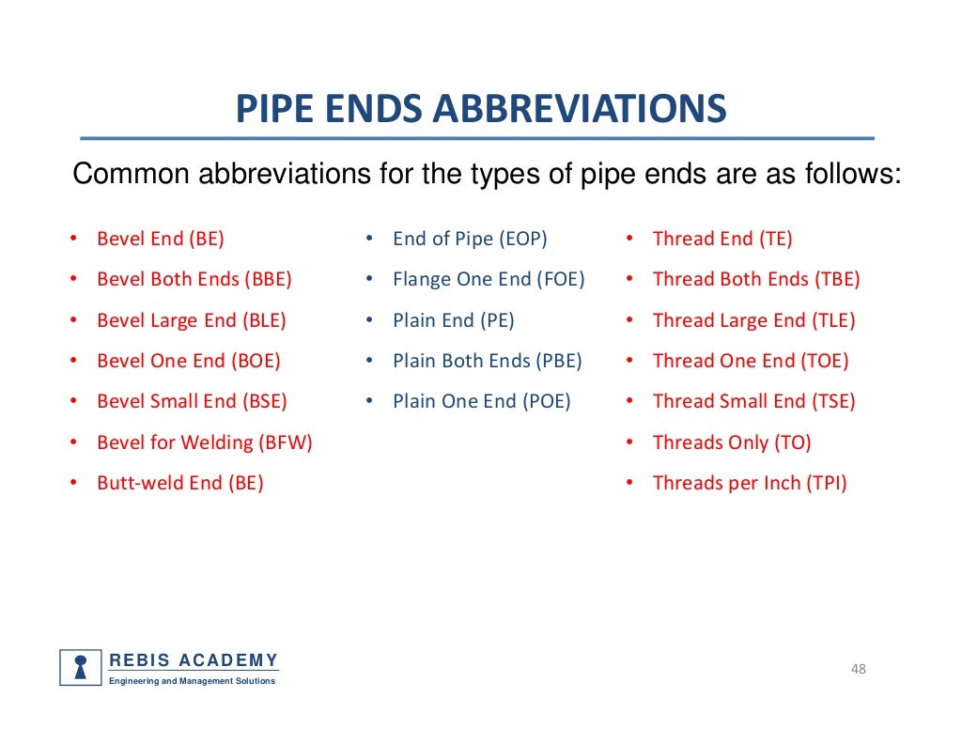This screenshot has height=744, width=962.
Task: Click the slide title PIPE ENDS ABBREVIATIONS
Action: (480, 109)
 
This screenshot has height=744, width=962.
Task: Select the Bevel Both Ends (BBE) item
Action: (194, 279)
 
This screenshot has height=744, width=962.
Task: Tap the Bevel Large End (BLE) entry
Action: (192, 320)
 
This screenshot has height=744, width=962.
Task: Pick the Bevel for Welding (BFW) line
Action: (205, 442)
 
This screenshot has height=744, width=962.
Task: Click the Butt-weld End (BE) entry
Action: (180, 483)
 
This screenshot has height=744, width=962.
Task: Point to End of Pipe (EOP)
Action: (470, 239)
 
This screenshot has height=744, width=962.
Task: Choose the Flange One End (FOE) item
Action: (489, 279)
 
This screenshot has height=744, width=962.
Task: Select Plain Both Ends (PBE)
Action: (488, 361)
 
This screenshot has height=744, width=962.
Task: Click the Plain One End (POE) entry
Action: (482, 401)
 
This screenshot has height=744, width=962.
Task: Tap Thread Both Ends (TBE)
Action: (756, 279)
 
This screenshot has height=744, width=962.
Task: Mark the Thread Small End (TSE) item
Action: (754, 401)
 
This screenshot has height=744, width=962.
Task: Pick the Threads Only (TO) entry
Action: (732, 442)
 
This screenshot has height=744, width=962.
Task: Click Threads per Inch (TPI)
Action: (750, 483)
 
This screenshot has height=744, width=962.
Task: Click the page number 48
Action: (858, 669)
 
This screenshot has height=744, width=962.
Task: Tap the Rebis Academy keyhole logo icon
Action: (81, 667)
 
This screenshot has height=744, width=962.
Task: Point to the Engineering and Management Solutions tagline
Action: (193, 681)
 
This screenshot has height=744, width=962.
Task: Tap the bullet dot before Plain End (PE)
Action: (371, 320)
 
